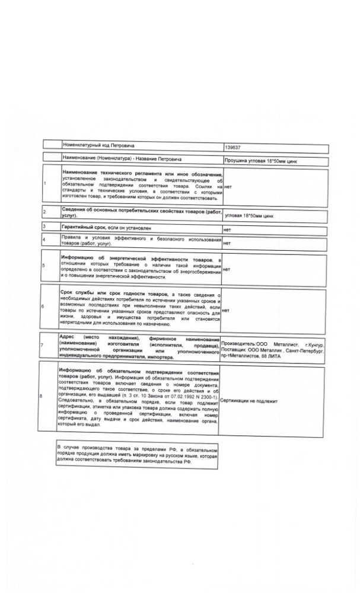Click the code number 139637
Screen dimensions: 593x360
pyautogui.click(x=232, y=146)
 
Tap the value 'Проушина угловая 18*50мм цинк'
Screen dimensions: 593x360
pyautogui.click(x=257, y=161)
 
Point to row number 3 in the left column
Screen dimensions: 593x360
pyautogui.click(x=44, y=227)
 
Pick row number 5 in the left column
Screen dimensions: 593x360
pyautogui.click(x=44, y=265)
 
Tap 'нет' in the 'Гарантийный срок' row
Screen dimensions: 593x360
pyautogui.click(x=226, y=229)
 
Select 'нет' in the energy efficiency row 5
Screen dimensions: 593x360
pyautogui.click(x=226, y=269)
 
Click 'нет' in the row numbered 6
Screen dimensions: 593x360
pyautogui.click(x=226, y=310)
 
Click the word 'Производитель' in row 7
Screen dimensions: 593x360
pyautogui.click(x=237, y=344)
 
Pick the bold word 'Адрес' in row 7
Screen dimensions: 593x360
pyautogui.click(x=70, y=335)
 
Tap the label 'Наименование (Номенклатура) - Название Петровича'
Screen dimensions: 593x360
pyautogui.click(x=122, y=160)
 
